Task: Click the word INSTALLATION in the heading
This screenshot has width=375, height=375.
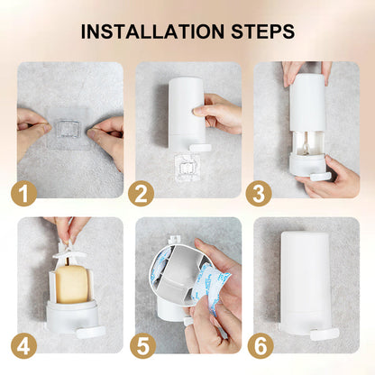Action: pos(152,32)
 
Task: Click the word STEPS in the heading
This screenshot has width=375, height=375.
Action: pos(262,32)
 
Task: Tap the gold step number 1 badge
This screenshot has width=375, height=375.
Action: pos(24,194)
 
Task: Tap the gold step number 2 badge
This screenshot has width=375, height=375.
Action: pos(142,194)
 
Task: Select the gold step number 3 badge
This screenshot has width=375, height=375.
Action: pos(259,194)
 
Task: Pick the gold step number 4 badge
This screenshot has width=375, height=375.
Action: pos(24,346)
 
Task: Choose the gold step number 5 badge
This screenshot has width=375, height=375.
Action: pos(142,346)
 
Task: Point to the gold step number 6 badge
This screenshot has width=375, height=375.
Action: pos(261,346)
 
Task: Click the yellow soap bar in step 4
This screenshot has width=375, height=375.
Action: pos(71,284)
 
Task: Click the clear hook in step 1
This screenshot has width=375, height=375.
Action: pos(69,129)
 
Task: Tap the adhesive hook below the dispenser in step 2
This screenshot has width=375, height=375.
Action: pos(187,168)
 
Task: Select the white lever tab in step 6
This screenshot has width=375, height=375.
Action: pos(325,334)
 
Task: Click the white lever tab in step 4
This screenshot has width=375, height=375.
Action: pos(91,333)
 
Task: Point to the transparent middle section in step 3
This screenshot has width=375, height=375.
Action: pos(307,142)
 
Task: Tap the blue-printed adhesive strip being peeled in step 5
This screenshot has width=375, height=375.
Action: pos(211,288)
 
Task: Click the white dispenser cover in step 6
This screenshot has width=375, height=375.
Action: pos(305,281)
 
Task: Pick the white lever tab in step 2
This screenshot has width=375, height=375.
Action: pos(200,148)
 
